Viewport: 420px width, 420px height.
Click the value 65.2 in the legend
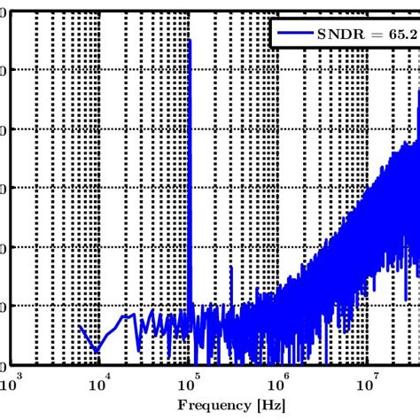[403, 34]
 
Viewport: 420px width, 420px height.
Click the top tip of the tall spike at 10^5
[190, 41]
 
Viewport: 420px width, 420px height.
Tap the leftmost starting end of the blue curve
[80, 326]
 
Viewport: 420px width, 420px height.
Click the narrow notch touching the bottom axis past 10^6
[326, 362]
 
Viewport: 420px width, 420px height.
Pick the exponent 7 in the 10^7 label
[375, 377]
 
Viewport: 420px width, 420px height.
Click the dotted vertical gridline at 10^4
[99, 177]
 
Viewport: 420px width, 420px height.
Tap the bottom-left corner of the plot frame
[10, 365]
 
